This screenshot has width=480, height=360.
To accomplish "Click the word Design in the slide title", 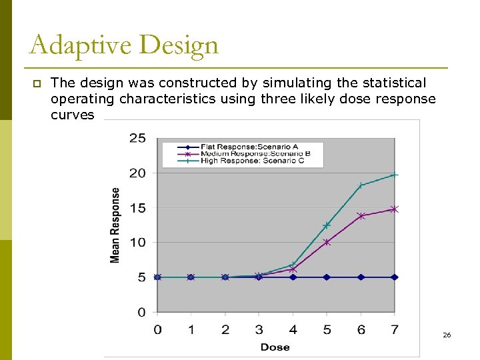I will pos(179,46).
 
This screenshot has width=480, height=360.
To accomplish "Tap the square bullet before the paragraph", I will pos(37,83).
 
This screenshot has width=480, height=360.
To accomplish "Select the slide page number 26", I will pos(447,335).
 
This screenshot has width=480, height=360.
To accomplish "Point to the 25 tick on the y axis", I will pos(137,139).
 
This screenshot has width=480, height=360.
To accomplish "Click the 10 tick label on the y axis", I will pos(137,243).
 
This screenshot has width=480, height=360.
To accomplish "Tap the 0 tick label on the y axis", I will pos(141,312).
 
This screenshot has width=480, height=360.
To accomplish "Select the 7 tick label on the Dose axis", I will pos(395,329).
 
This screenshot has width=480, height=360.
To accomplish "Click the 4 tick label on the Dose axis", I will pos(293,329).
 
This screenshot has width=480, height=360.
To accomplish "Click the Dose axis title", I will pos(275,347).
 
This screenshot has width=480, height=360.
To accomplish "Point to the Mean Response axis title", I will pos(115,225).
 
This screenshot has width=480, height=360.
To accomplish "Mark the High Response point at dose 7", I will pos(395,175).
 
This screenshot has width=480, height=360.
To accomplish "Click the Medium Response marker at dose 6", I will pos(361,216).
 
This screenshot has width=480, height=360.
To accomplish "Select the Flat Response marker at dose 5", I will pos(327,277).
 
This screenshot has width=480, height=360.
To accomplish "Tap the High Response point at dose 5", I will pos(327,225).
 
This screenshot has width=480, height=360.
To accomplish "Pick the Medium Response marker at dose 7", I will pos(395,209).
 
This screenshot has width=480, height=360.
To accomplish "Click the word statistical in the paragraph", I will pos(393,83).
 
